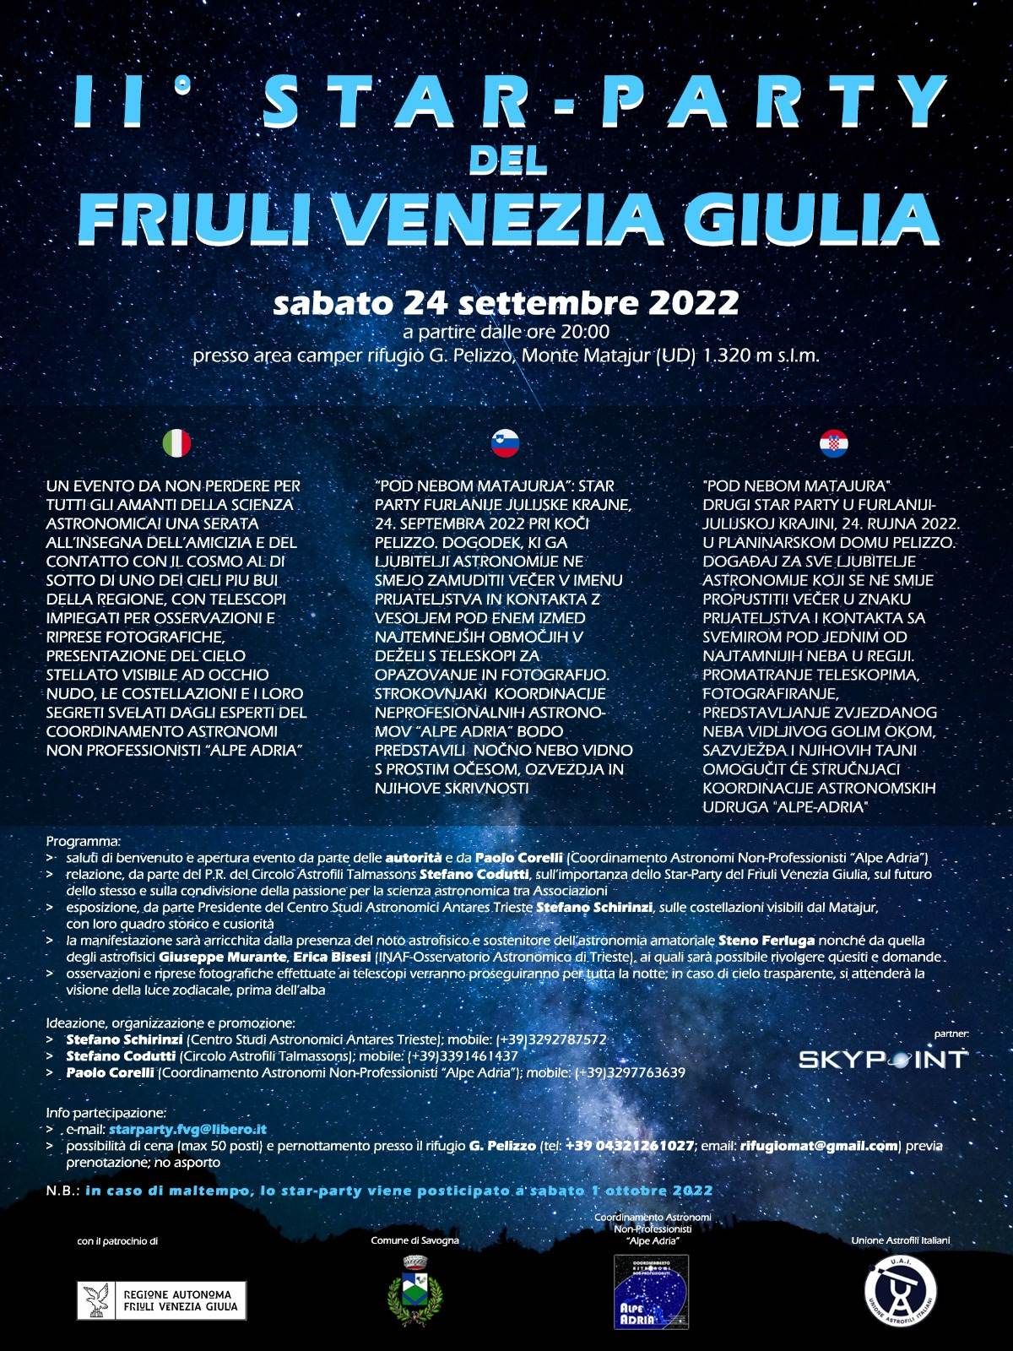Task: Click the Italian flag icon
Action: [176, 443]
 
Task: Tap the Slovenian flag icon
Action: [505, 443]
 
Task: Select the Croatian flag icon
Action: [834, 443]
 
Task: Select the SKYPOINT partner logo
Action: [883, 1059]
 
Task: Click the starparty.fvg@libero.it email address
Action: [187, 1129]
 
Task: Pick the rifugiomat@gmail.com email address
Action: [818, 1146]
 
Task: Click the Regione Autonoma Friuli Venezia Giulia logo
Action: [162, 1300]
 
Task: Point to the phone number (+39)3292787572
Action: [551, 1039]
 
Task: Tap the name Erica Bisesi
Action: [332, 957]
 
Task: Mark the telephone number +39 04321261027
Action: [629, 1146]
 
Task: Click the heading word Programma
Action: [84, 841]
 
